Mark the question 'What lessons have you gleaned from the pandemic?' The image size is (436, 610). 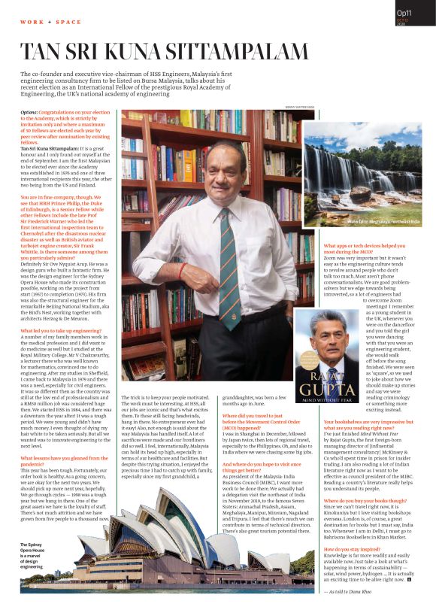click(59, 459)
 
